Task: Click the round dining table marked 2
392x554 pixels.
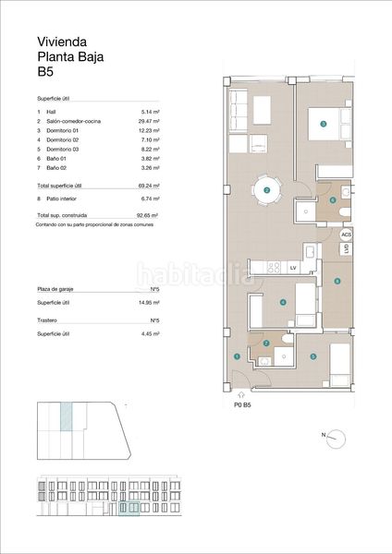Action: click(x=266, y=190)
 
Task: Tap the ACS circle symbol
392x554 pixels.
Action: click(x=347, y=235)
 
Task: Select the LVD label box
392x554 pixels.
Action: click(x=346, y=248)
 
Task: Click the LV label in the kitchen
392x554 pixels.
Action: click(x=292, y=268)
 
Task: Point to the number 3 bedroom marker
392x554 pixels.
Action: click(x=323, y=123)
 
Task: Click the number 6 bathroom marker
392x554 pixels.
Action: click(x=332, y=199)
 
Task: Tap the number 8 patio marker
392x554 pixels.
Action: click(x=337, y=281)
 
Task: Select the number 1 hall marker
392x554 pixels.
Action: click(x=238, y=356)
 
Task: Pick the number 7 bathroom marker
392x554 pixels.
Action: click(x=266, y=343)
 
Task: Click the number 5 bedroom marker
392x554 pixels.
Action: click(x=313, y=356)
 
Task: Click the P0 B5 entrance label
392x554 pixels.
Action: click(x=244, y=404)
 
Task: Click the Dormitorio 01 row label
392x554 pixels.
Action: click(x=61, y=131)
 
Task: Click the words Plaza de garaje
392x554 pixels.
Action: click(x=55, y=290)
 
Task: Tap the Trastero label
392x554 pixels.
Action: click(x=47, y=320)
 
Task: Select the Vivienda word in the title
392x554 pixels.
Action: click(x=61, y=42)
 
